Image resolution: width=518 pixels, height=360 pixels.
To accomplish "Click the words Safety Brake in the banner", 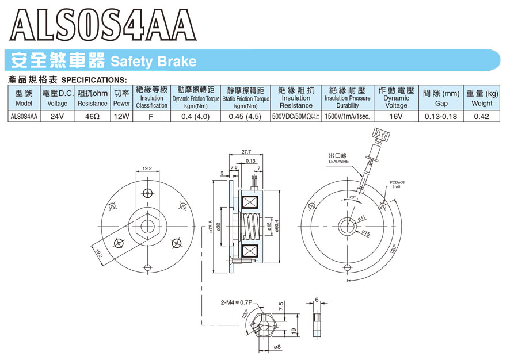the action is (154, 62).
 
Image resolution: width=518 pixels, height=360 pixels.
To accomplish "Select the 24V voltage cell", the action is (57, 117).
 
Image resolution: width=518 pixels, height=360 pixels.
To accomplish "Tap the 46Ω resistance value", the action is (92, 117).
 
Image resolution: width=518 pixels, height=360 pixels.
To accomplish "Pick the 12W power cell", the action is (121, 117).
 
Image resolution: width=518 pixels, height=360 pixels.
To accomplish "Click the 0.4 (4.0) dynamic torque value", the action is (196, 117).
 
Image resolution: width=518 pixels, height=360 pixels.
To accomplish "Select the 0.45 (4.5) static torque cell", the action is (245, 117).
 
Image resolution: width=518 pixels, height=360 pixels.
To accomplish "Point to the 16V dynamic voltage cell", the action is (396, 117).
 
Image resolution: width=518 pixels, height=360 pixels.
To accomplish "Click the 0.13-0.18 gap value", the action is (441, 117).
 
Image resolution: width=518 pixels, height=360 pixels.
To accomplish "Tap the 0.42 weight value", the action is (481, 117).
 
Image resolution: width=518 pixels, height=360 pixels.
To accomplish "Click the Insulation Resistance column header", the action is (296, 98).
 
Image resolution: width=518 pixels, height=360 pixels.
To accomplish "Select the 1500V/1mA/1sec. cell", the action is (347, 117).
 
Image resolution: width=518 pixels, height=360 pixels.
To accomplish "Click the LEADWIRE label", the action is (338, 162).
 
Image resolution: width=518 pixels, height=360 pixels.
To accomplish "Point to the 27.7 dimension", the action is (246, 152).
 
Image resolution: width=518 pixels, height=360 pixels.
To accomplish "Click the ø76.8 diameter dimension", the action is (211, 227).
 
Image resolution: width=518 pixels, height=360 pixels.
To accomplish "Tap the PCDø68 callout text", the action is (397, 182).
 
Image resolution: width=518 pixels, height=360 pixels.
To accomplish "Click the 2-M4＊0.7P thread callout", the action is (237, 302).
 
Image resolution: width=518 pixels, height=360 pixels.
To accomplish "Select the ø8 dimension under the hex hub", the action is (277, 347).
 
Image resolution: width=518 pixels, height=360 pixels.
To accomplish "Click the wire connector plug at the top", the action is (380, 135).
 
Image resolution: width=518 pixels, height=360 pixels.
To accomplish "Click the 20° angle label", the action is (352, 197).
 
